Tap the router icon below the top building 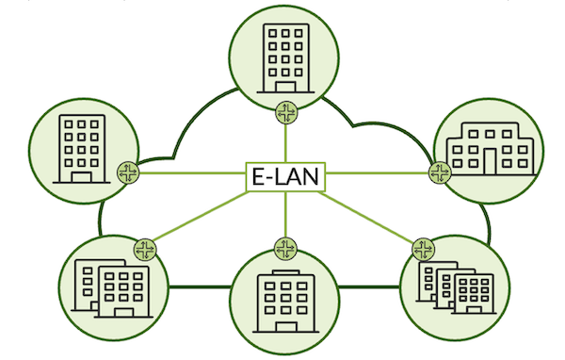[285, 113]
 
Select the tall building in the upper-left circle [82, 149]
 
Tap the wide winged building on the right [487, 149]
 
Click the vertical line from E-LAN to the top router [285, 141]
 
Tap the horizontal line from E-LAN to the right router [377, 173]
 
